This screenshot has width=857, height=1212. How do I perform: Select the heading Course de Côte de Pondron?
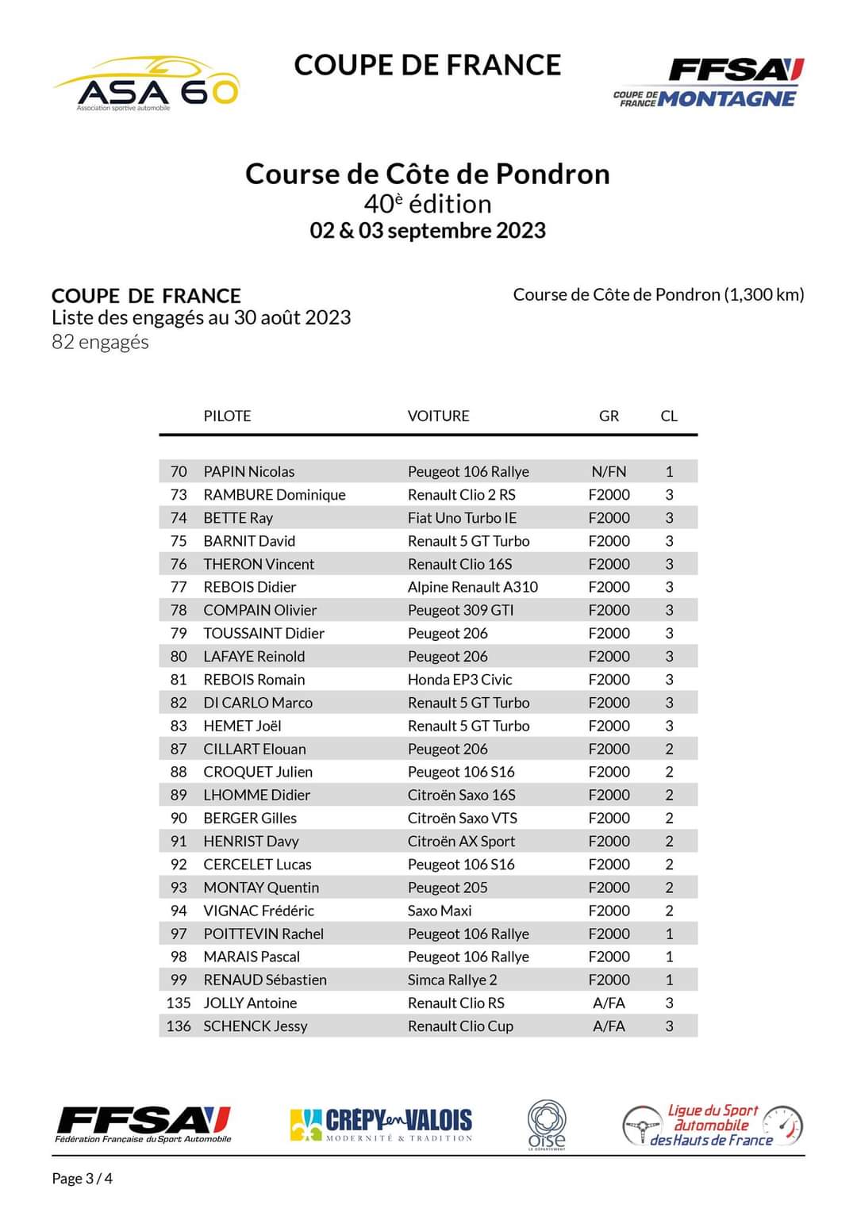pyautogui.click(x=427, y=174)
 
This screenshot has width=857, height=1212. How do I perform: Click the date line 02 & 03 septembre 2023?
pyautogui.click(x=427, y=231)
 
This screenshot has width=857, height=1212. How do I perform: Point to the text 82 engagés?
pyautogui.click(x=100, y=342)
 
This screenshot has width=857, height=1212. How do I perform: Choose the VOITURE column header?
pyautogui.click(x=438, y=416)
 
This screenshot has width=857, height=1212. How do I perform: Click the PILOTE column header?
pyautogui.click(x=227, y=416)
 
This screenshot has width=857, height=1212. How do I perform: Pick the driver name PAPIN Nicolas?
pyautogui.click(x=248, y=471)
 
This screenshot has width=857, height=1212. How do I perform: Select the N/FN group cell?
pyautogui.click(x=609, y=471)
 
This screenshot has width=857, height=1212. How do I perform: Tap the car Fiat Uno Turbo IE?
pyautogui.click(x=462, y=517)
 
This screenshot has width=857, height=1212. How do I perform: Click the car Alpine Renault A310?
pyautogui.click(x=472, y=587)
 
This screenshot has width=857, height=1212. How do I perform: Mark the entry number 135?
pyautogui.click(x=179, y=1003)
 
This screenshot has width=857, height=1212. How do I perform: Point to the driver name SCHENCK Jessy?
pyautogui.click(x=255, y=1026)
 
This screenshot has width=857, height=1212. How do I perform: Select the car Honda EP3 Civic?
pyautogui.click(x=459, y=679)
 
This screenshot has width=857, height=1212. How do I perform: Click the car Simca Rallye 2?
pyautogui.click(x=452, y=980)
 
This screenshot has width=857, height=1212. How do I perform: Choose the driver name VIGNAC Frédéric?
pyautogui.click(x=258, y=911)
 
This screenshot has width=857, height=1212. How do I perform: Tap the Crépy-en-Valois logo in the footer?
pyautogui.click(x=381, y=1124)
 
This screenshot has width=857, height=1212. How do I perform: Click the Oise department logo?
pyautogui.click(x=547, y=1124)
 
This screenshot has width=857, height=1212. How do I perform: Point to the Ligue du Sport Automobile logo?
pyautogui.click(x=712, y=1125)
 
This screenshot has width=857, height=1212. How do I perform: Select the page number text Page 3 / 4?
pyautogui.click(x=82, y=1178)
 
